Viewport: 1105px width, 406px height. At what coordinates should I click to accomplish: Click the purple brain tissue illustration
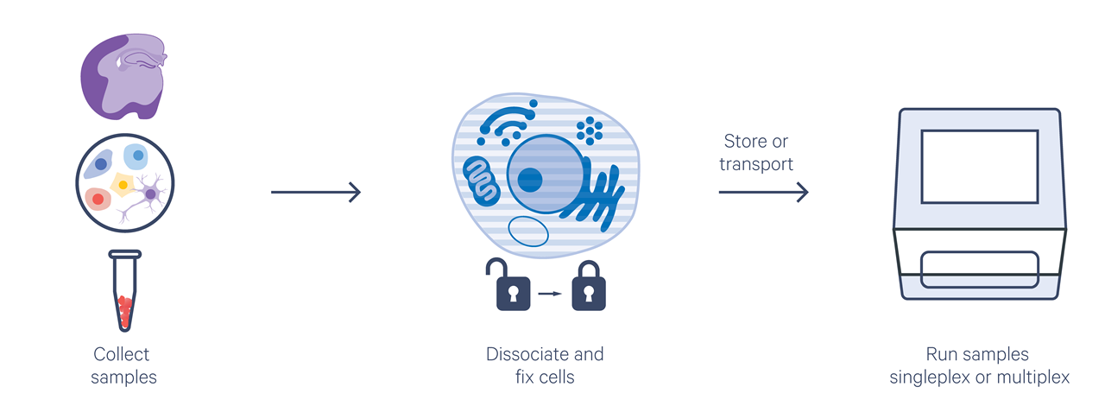[123, 77]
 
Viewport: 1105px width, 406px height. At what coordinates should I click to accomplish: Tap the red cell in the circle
[98, 199]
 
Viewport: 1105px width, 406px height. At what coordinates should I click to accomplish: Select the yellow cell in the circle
[123, 185]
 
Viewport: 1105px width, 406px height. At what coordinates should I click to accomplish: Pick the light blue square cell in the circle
[136, 156]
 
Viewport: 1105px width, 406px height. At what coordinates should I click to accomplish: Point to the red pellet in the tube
[125, 310]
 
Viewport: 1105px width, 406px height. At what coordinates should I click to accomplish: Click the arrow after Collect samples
[316, 192]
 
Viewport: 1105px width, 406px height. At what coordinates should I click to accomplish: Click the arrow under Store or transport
[764, 192]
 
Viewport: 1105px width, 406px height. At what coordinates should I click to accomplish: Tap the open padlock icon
[508, 285]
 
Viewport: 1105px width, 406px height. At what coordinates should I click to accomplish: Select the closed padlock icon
[589, 286]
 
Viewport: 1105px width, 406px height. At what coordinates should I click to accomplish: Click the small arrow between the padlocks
[550, 294]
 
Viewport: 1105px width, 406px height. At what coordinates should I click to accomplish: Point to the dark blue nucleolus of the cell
[530, 180]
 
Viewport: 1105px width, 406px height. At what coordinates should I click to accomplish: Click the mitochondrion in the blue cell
[481, 181]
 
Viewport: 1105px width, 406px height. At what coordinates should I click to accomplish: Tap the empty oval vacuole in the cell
[527, 232]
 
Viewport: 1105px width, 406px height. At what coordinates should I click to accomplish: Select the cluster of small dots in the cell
[590, 131]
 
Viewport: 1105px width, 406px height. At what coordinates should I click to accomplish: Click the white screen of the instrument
[980, 167]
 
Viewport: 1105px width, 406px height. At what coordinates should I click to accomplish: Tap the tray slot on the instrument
[980, 270]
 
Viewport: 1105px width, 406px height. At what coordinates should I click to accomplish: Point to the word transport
[756, 164]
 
